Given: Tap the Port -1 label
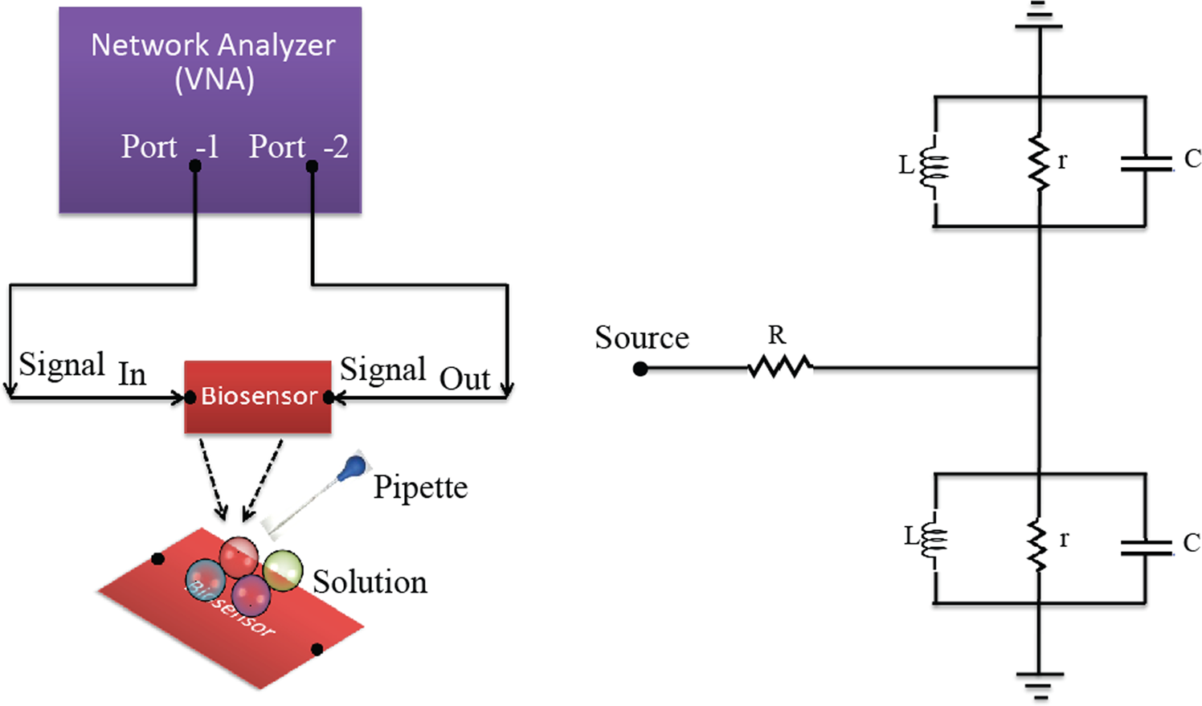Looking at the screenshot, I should [170, 146].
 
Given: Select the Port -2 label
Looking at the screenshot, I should [298, 146].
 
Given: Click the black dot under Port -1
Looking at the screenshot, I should [195, 166].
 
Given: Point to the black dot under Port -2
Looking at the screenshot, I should [312, 166].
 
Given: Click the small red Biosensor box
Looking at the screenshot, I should [258, 397].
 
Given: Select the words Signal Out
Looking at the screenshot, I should [415, 373].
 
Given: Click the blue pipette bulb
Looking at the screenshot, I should [353, 467].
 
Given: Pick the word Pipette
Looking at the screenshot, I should [420, 487].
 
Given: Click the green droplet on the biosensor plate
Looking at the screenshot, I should [283, 569].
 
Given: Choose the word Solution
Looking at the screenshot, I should [370, 582].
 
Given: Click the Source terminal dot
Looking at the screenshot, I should [640, 369].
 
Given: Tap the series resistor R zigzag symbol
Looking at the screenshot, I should [779, 368].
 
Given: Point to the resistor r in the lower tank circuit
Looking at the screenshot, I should [1039, 545].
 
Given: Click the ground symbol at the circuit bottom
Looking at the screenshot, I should [1039, 682].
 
